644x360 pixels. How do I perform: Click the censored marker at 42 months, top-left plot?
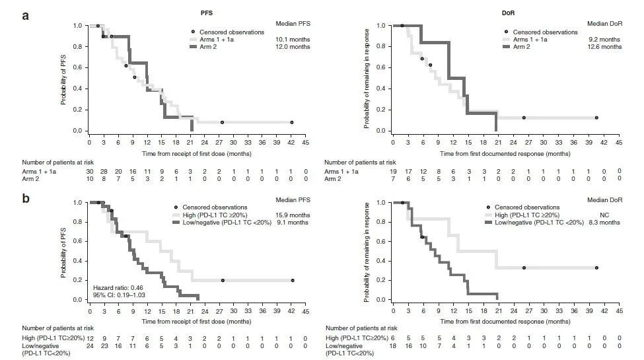pos(292,122)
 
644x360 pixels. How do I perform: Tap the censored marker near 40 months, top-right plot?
pos(596,118)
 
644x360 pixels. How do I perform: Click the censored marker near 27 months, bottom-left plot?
pos(223,280)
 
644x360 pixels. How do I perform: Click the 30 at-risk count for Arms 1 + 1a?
pos(90,171)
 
